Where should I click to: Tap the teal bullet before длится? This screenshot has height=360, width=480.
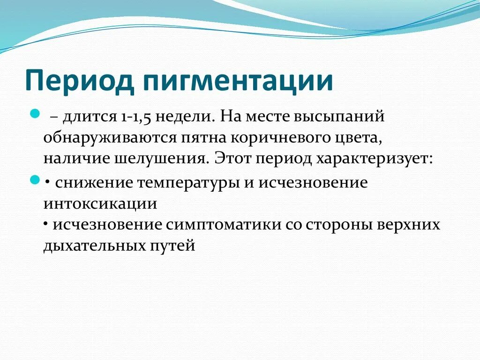(34, 113)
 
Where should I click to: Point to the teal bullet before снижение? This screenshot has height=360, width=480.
(34, 180)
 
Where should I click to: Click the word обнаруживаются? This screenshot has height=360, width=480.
(110, 137)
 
